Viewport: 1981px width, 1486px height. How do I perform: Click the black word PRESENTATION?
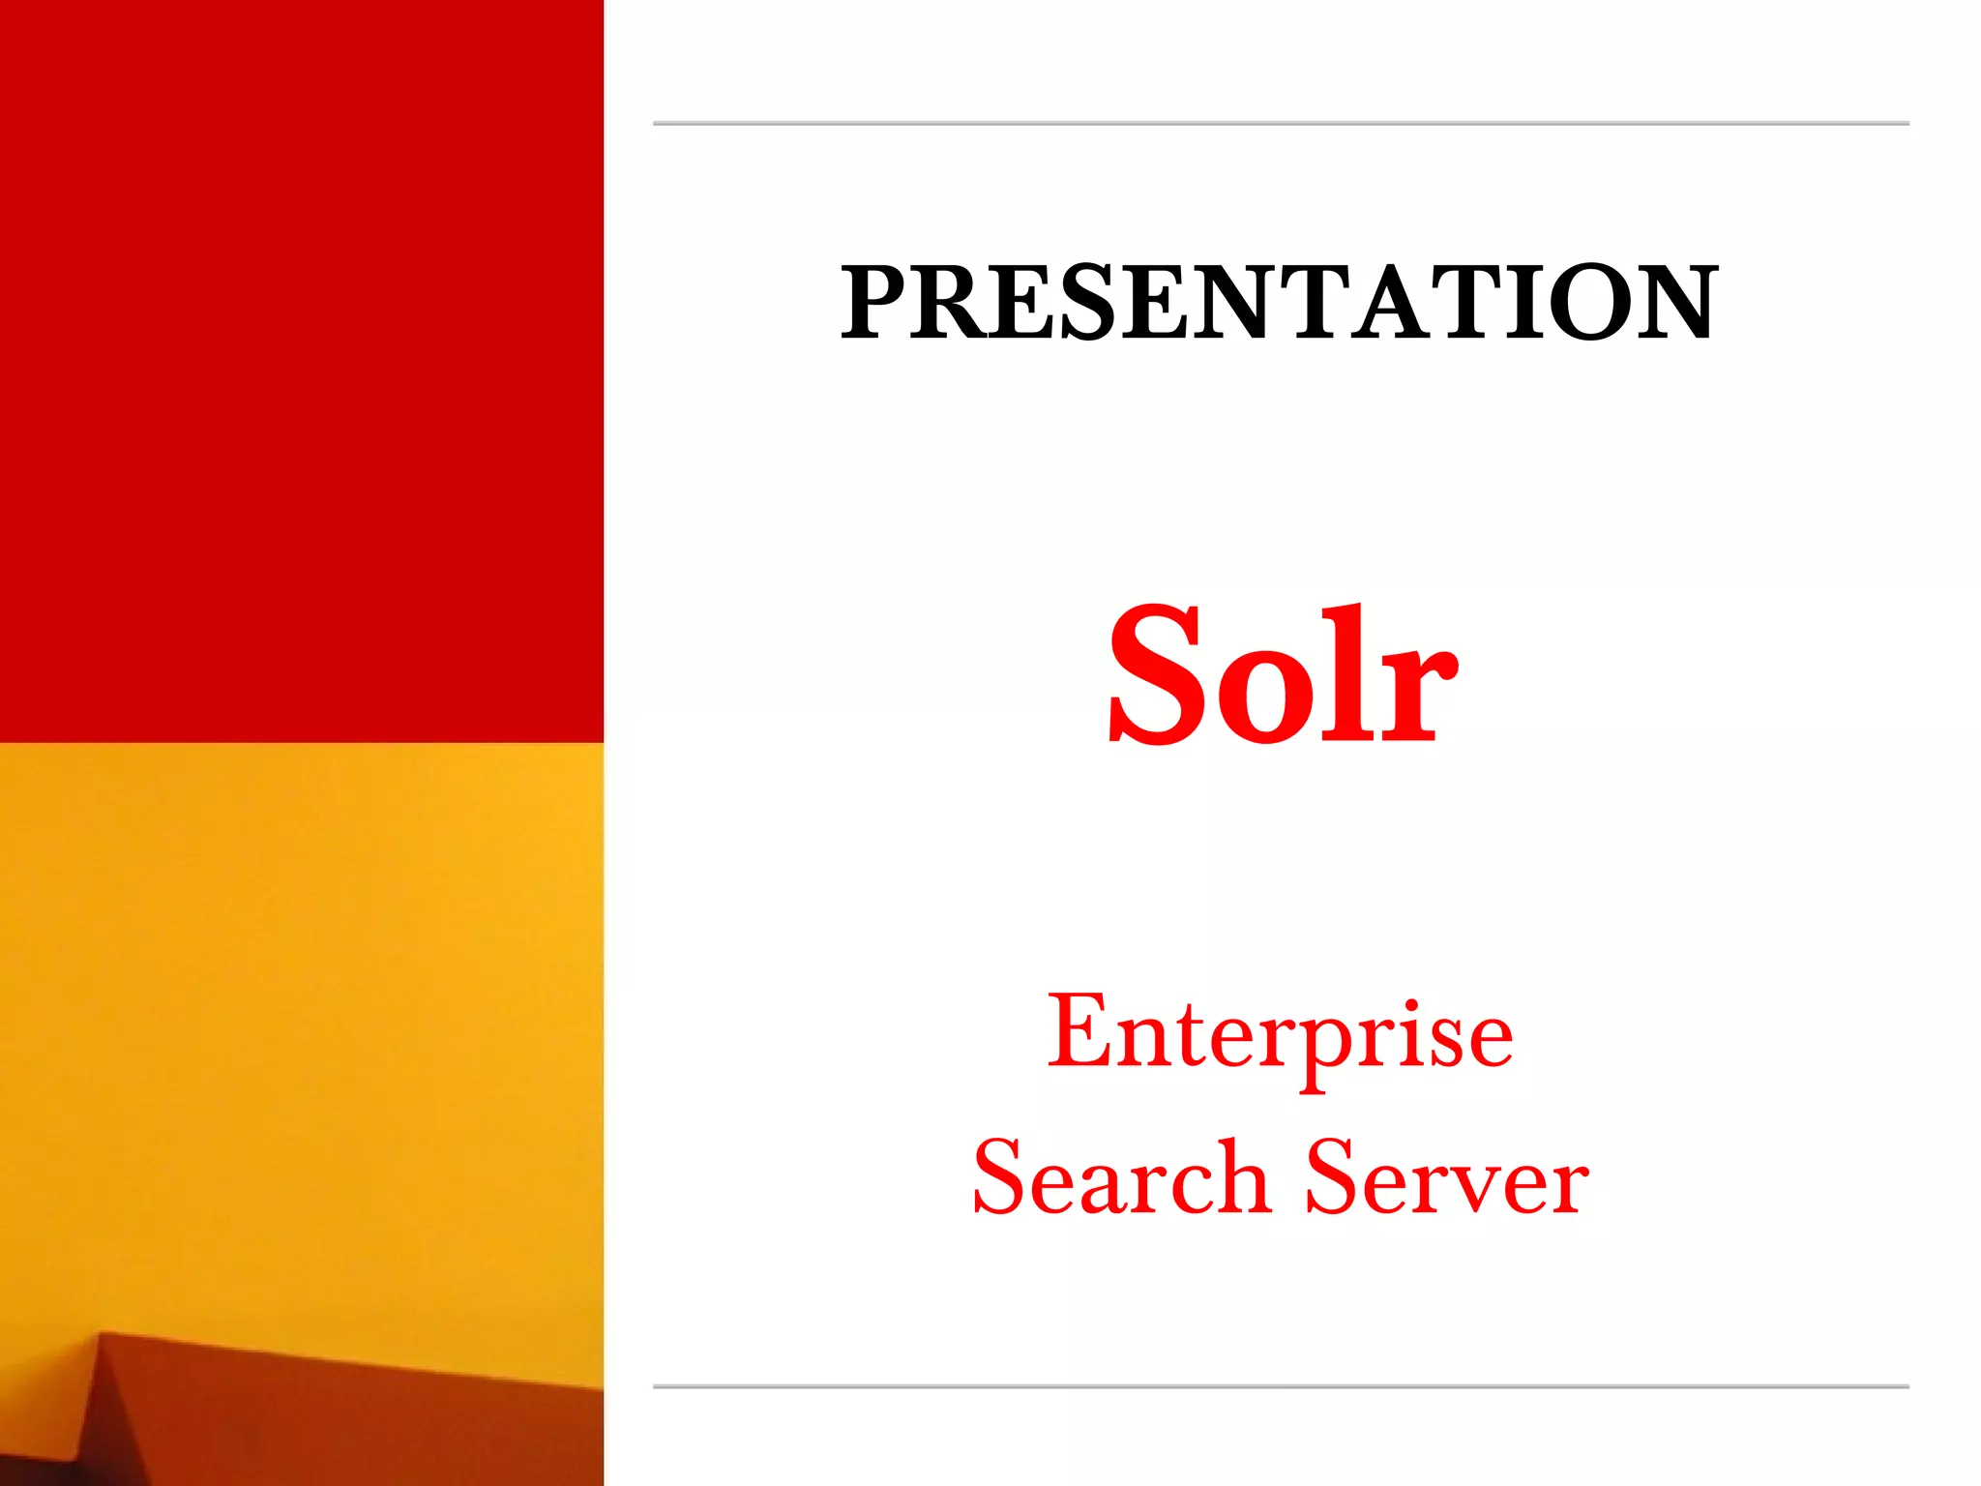pyautogui.click(x=1279, y=303)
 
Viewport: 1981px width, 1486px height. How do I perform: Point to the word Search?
pyautogui.click(x=1120, y=1178)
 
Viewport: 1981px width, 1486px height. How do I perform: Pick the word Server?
pyautogui.click(x=1447, y=1178)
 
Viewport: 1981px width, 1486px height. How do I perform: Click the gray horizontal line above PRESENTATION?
pyautogui.click(x=1281, y=124)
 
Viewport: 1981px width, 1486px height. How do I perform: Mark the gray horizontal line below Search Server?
pyautogui.click(x=1281, y=1386)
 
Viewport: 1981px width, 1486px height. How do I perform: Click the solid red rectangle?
pyautogui.click(x=301, y=371)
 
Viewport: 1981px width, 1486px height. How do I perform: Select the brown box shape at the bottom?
pyautogui.click(x=348, y=1422)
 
